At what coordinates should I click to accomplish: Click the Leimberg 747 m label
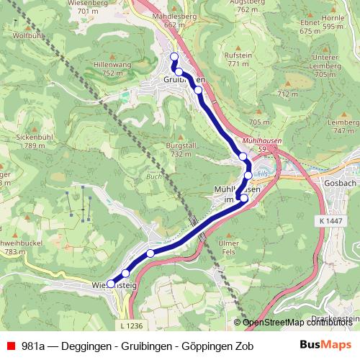click(342, 127)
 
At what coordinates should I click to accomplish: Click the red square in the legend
click(9, 346)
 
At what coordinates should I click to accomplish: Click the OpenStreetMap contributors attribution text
click(298, 323)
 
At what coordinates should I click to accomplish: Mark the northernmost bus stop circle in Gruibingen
click(174, 57)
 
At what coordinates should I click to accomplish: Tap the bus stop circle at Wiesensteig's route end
click(110, 284)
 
